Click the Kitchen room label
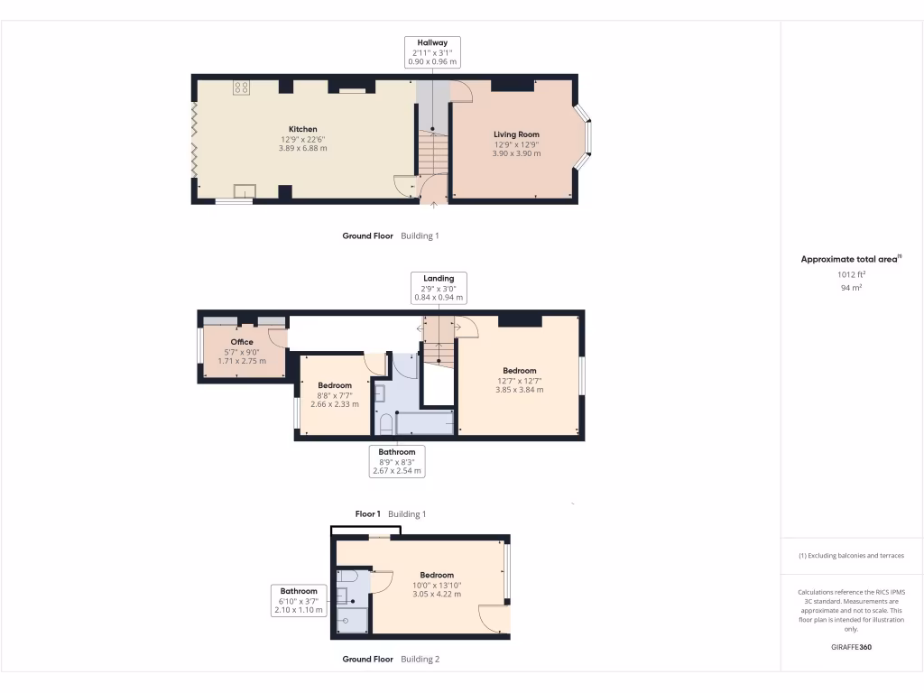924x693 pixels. tap(302, 129)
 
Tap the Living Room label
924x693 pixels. tap(516, 134)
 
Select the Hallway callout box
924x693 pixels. tap(432, 52)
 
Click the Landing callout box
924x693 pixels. tap(432, 287)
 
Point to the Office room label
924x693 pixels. tap(242, 342)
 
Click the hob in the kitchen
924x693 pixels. tap(242, 87)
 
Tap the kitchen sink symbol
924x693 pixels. tap(245, 190)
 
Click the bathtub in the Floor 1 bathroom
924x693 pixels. tap(424, 422)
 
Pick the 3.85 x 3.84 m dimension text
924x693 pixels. tap(520, 389)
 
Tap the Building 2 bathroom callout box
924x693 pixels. tap(297, 600)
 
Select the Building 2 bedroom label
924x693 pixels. tap(437, 575)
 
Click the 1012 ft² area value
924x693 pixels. tap(851, 273)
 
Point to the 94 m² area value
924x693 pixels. tap(851, 287)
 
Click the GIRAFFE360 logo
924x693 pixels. tap(851, 647)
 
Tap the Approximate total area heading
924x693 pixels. tap(851, 259)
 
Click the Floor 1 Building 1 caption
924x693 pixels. tap(390, 513)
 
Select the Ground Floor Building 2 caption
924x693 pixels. tap(390, 659)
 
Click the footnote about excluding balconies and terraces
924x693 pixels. tap(851, 556)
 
